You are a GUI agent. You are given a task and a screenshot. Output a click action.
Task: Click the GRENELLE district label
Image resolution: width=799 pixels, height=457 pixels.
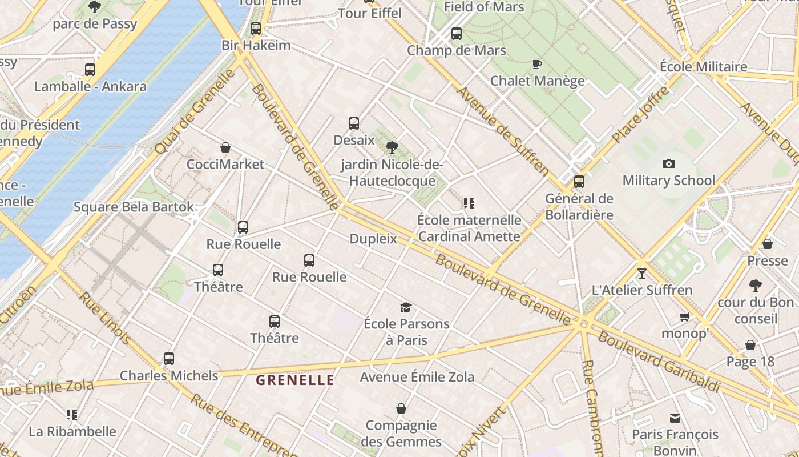click(294, 380)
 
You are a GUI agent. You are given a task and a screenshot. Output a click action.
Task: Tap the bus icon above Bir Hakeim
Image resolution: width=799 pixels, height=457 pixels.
click(256, 28)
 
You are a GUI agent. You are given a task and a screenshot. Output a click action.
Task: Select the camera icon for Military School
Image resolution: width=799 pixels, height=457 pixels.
click(669, 164)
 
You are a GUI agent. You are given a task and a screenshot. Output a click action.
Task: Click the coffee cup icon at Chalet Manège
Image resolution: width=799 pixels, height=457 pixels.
click(536, 64)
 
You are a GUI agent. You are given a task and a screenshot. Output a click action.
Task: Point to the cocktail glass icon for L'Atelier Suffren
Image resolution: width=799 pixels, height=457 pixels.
click(642, 273)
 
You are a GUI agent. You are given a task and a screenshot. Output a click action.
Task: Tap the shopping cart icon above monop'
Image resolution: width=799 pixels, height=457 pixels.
click(684, 316)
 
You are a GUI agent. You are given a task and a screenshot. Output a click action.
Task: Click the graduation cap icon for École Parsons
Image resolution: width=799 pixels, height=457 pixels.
click(406, 307)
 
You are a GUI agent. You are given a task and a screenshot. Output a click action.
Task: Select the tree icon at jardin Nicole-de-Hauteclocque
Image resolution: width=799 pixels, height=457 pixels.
click(392, 147)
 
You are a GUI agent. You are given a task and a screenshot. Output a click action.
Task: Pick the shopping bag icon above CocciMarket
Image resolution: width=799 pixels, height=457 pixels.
click(225, 147)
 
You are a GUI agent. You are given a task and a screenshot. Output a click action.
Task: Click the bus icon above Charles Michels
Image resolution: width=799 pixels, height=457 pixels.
click(169, 359)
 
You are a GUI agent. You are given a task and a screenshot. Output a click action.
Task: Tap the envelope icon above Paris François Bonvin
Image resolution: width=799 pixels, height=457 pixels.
click(675, 418)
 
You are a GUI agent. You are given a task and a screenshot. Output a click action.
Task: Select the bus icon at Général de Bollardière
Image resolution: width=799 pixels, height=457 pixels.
click(579, 182)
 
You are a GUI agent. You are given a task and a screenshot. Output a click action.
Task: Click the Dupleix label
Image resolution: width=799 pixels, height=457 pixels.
click(373, 239)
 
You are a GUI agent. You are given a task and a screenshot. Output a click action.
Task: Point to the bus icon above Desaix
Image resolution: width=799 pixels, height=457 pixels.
click(354, 123)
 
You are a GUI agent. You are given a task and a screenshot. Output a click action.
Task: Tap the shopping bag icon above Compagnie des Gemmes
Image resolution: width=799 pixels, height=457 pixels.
click(401, 408)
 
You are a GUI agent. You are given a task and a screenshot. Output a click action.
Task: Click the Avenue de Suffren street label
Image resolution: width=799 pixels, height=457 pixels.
click(503, 131)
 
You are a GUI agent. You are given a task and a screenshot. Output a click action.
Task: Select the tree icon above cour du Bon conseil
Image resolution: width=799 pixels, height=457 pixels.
click(756, 286)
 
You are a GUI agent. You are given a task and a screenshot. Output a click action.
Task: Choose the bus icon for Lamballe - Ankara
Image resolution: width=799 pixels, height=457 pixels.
click(90, 70)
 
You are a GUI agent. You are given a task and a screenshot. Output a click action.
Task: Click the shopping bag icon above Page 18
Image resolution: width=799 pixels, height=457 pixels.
click(750, 345)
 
